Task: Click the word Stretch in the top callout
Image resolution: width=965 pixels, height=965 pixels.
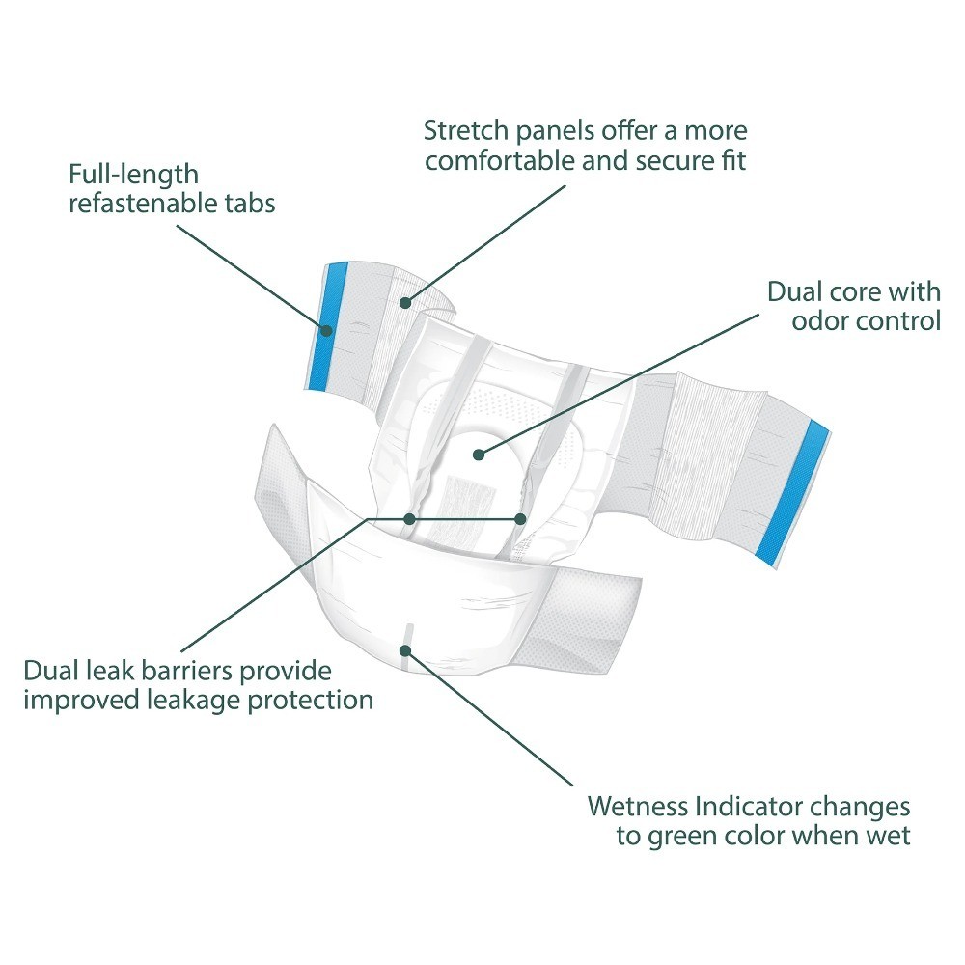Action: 466,130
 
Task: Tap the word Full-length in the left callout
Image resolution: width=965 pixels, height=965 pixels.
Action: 133,176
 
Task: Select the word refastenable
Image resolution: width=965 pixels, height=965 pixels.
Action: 143,203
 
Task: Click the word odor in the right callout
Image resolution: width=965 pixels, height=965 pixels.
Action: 819,320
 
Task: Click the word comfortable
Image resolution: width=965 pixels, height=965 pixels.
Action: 500,161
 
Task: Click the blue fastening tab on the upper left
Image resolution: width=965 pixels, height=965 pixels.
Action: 327,325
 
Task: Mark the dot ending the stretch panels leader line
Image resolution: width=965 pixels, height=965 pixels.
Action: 405,303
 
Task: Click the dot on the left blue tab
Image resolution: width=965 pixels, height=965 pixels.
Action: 327,330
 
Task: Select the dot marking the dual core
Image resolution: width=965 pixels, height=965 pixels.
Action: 479,455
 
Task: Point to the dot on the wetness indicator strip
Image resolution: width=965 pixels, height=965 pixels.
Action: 405,650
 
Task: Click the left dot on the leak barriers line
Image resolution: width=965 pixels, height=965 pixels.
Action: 409,519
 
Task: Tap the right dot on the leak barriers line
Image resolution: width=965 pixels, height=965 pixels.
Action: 520,519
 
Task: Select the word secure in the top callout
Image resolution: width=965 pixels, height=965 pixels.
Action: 674,161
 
